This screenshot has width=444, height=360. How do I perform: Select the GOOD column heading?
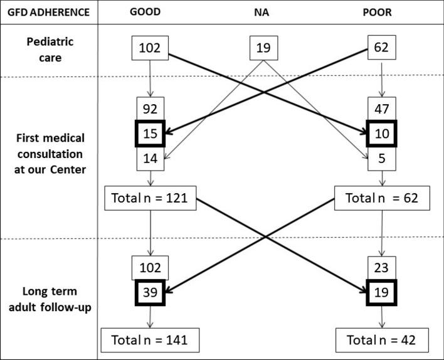[150, 12]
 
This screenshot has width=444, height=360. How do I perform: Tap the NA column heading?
[263, 12]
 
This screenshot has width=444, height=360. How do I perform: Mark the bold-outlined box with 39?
[150, 291]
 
